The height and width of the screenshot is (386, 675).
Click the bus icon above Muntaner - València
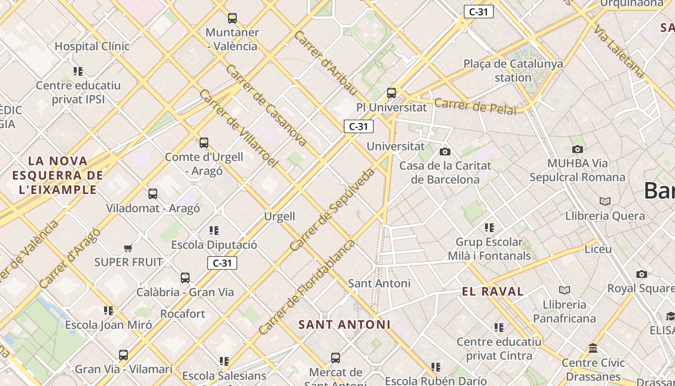pos(232,18)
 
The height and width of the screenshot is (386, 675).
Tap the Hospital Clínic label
pos(92,46)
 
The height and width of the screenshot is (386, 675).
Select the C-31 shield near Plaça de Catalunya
pos(478,12)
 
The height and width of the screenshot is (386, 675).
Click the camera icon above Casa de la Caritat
pos(445,152)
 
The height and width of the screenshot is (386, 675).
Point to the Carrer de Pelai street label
pos(475,106)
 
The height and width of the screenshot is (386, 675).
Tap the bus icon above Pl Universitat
pos(391,93)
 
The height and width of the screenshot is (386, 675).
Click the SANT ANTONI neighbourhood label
pos(344,325)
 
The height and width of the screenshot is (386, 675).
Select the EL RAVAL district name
pos(492,291)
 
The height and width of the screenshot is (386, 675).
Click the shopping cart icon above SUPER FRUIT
pos(128,248)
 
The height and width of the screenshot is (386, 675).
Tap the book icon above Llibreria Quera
pos(605,201)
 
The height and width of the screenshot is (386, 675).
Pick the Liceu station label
pos(598,249)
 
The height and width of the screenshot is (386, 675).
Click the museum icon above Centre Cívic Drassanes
pos(593,348)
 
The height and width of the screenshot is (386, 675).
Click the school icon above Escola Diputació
pos(214,231)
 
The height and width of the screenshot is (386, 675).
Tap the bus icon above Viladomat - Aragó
pos(153,194)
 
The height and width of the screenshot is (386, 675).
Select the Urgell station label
pos(280,216)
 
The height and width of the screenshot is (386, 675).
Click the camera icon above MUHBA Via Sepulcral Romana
pos(577,149)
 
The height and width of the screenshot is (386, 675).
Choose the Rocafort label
pos(183,314)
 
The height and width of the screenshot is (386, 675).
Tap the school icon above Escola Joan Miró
pos(108,310)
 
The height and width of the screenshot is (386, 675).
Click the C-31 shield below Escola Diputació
pos(222,263)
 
